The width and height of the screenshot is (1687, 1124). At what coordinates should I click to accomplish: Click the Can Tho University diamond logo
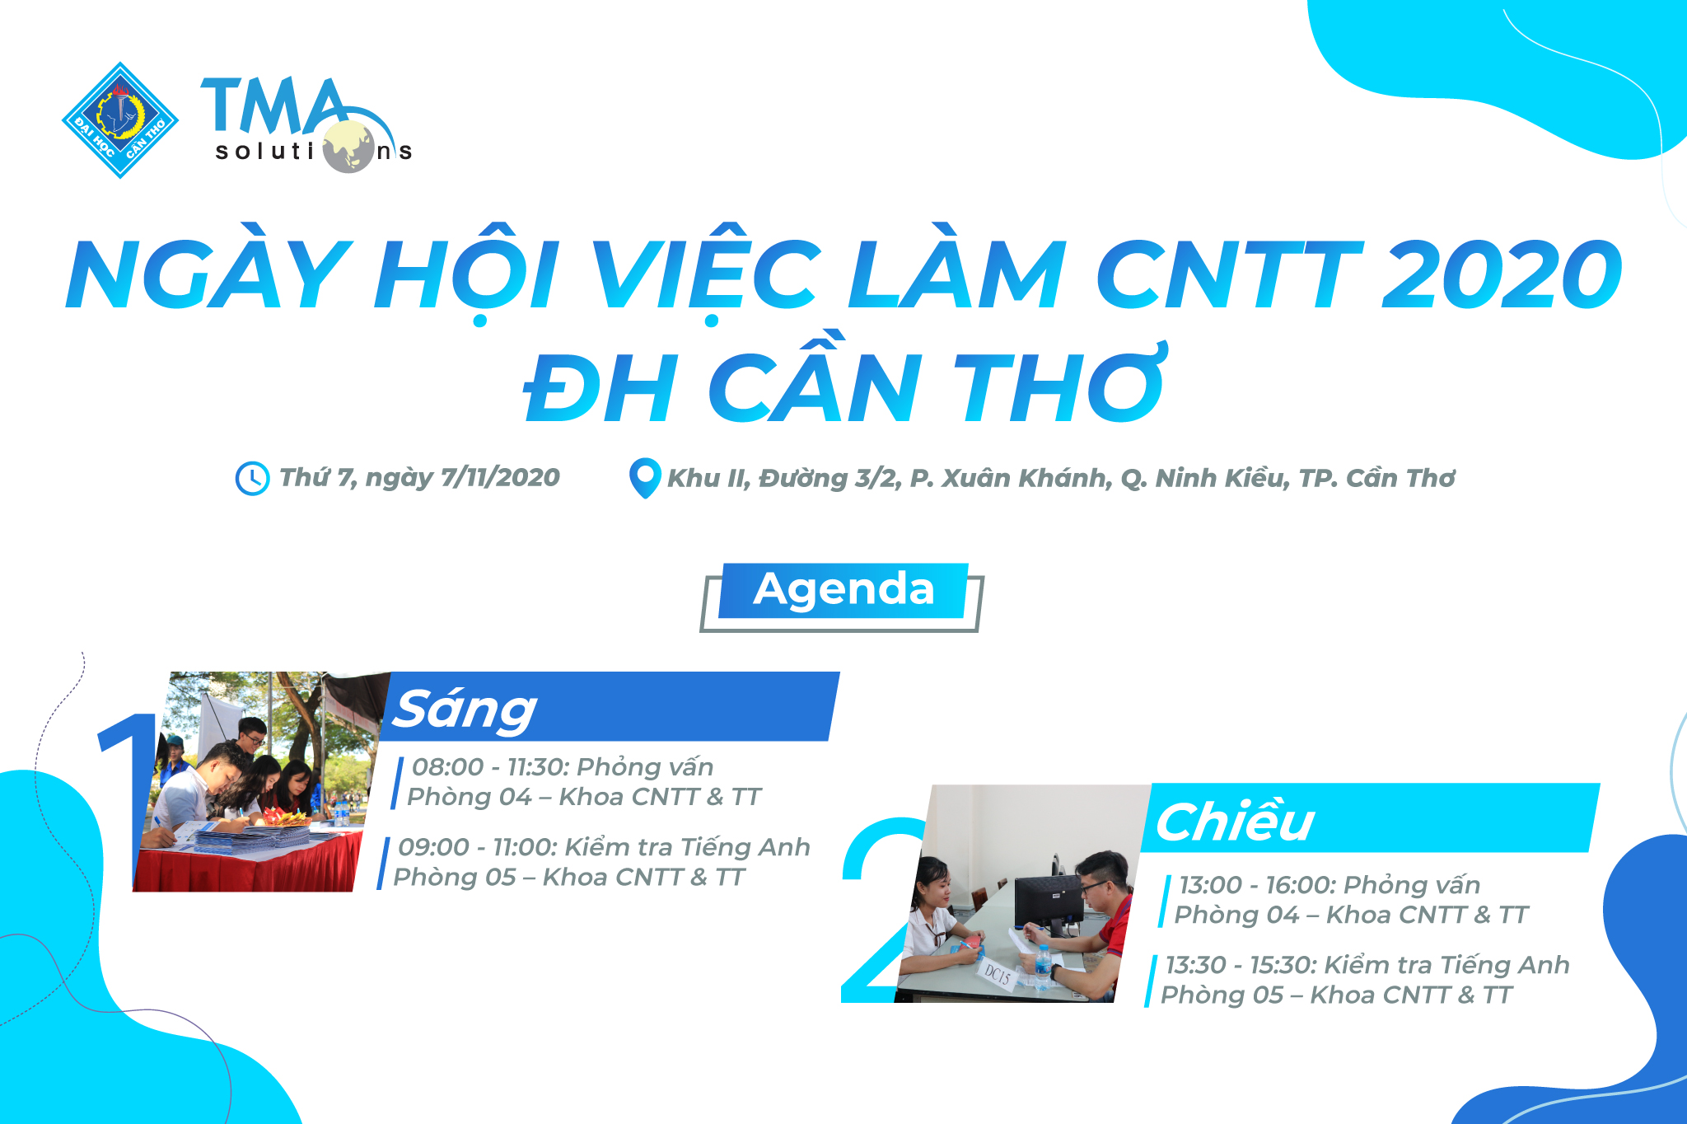pyautogui.click(x=120, y=120)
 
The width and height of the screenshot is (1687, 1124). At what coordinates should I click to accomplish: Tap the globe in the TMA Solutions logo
pyautogui.click(x=348, y=147)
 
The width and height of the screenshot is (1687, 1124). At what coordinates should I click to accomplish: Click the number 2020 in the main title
pyautogui.click(x=1501, y=274)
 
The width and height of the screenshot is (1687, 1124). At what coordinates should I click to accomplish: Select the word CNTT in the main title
pyautogui.click(x=1229, y=274)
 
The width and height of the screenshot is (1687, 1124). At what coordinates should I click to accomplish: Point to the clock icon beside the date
pyautogui.click(x=252, y=479)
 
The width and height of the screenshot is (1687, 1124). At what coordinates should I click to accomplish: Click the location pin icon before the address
pyautogui.click(x=644, y=478)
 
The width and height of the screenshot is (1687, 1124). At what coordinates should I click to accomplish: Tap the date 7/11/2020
pyautogui.click(x=500, y=477)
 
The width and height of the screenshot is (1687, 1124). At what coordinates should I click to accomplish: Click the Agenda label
pyautogui.click(x=843, y=590)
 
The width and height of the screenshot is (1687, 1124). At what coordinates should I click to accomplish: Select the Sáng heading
pyautogui.click(x=465, y=710)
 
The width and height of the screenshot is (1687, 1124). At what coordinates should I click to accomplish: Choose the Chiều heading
pyautogui.click(x=1234, y=822)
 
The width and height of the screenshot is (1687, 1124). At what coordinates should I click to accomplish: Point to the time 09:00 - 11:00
pyautogui.click(x=478, y=847)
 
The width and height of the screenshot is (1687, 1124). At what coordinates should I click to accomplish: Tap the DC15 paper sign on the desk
pyautogui.click(x=998, y=976)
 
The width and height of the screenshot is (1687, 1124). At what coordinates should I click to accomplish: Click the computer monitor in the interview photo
pyautogui.click(x=1048, y=905)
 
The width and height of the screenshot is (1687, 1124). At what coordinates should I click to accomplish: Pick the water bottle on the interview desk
pyautogui.click(x=1043, y=965)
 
